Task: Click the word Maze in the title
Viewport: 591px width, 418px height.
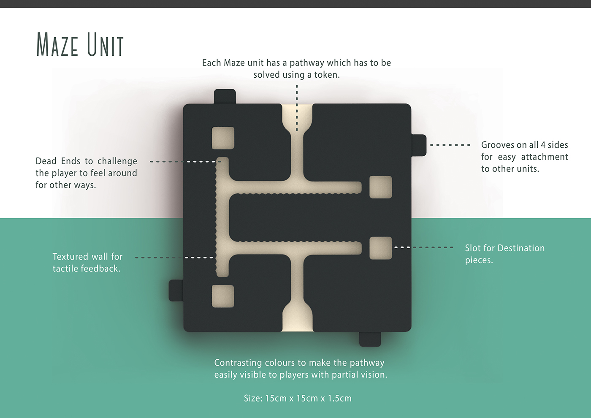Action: tap(57, 44)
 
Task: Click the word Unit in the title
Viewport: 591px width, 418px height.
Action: tap(106, 44)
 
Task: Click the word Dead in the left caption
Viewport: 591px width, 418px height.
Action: tap(46, 161)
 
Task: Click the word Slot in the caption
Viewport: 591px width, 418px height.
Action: tap(473, 248)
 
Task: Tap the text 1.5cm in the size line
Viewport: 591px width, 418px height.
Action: tap(339, 398)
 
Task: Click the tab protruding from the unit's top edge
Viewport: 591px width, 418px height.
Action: tap(225, 96)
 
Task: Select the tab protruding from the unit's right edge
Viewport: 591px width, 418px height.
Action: tap(418, 145)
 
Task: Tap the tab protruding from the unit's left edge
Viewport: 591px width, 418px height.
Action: tap(176, 290)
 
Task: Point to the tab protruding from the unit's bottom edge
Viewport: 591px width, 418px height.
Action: tap(370, 339)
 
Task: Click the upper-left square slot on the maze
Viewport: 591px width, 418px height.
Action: tap(223, 138)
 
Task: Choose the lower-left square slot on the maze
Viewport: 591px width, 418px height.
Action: tap(223, 296)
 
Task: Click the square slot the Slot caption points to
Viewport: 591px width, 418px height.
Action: tap(380, 248)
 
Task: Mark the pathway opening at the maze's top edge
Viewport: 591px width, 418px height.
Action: tap(297, 111)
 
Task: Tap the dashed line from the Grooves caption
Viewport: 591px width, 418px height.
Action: tap(450, 145)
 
